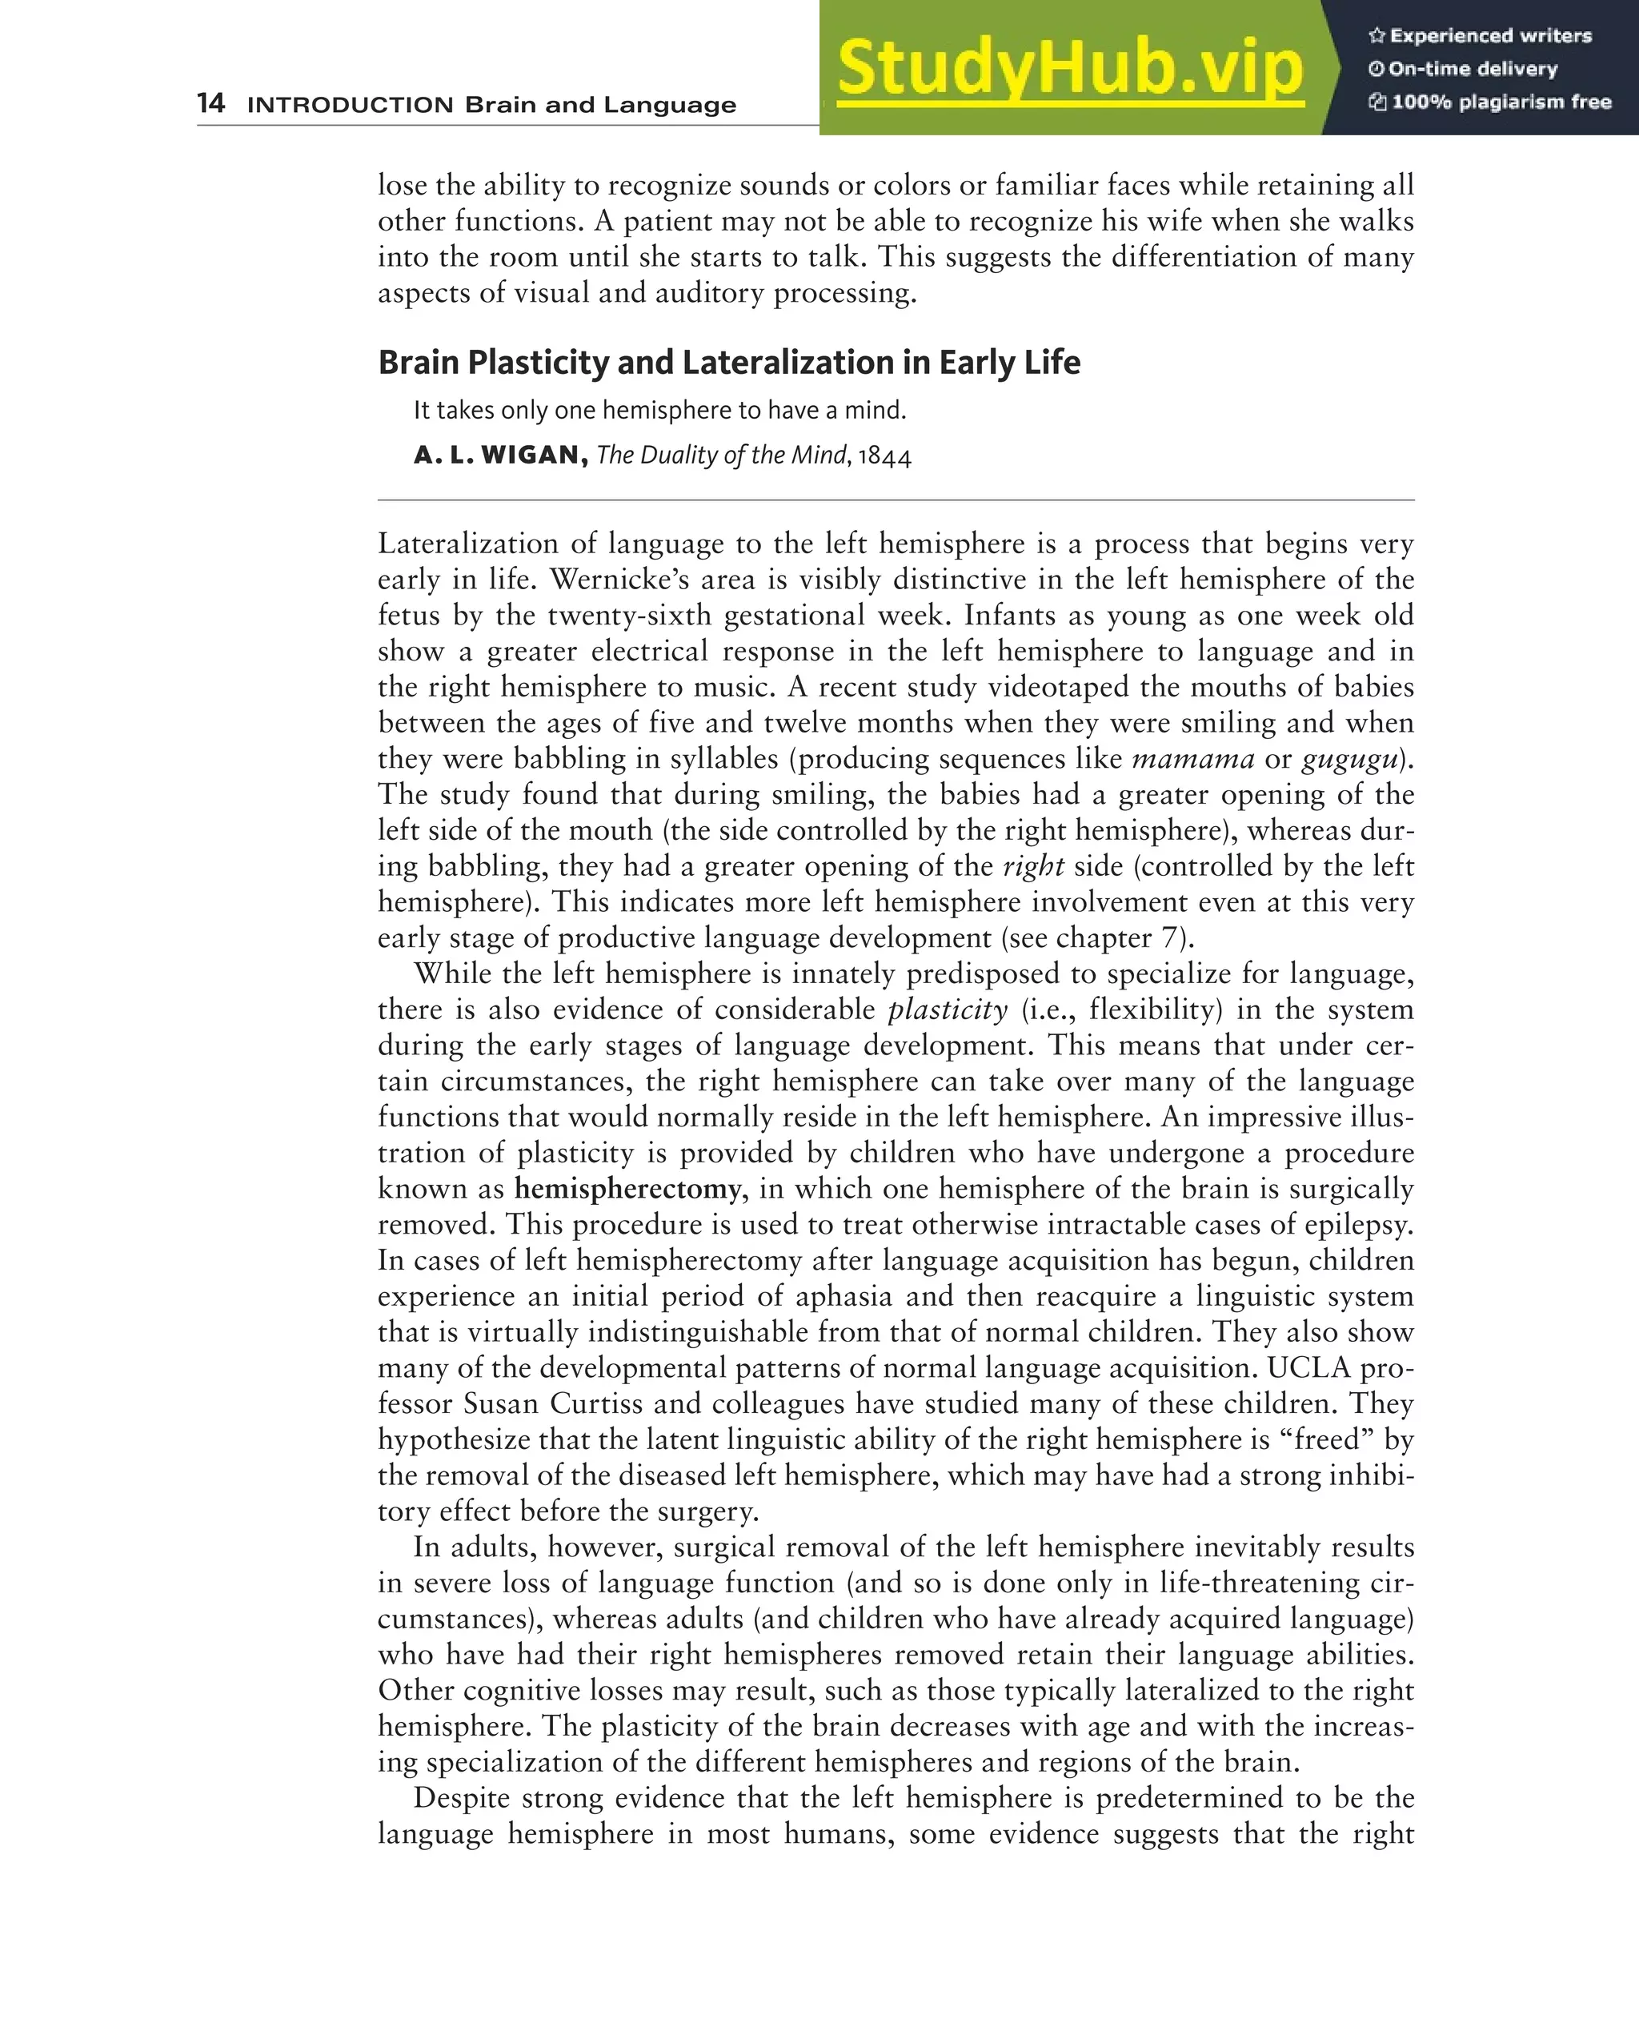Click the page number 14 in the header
(210, 102)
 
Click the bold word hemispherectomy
(627, 1190)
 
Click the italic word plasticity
(948, 1010)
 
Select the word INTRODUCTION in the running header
(350, 105)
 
